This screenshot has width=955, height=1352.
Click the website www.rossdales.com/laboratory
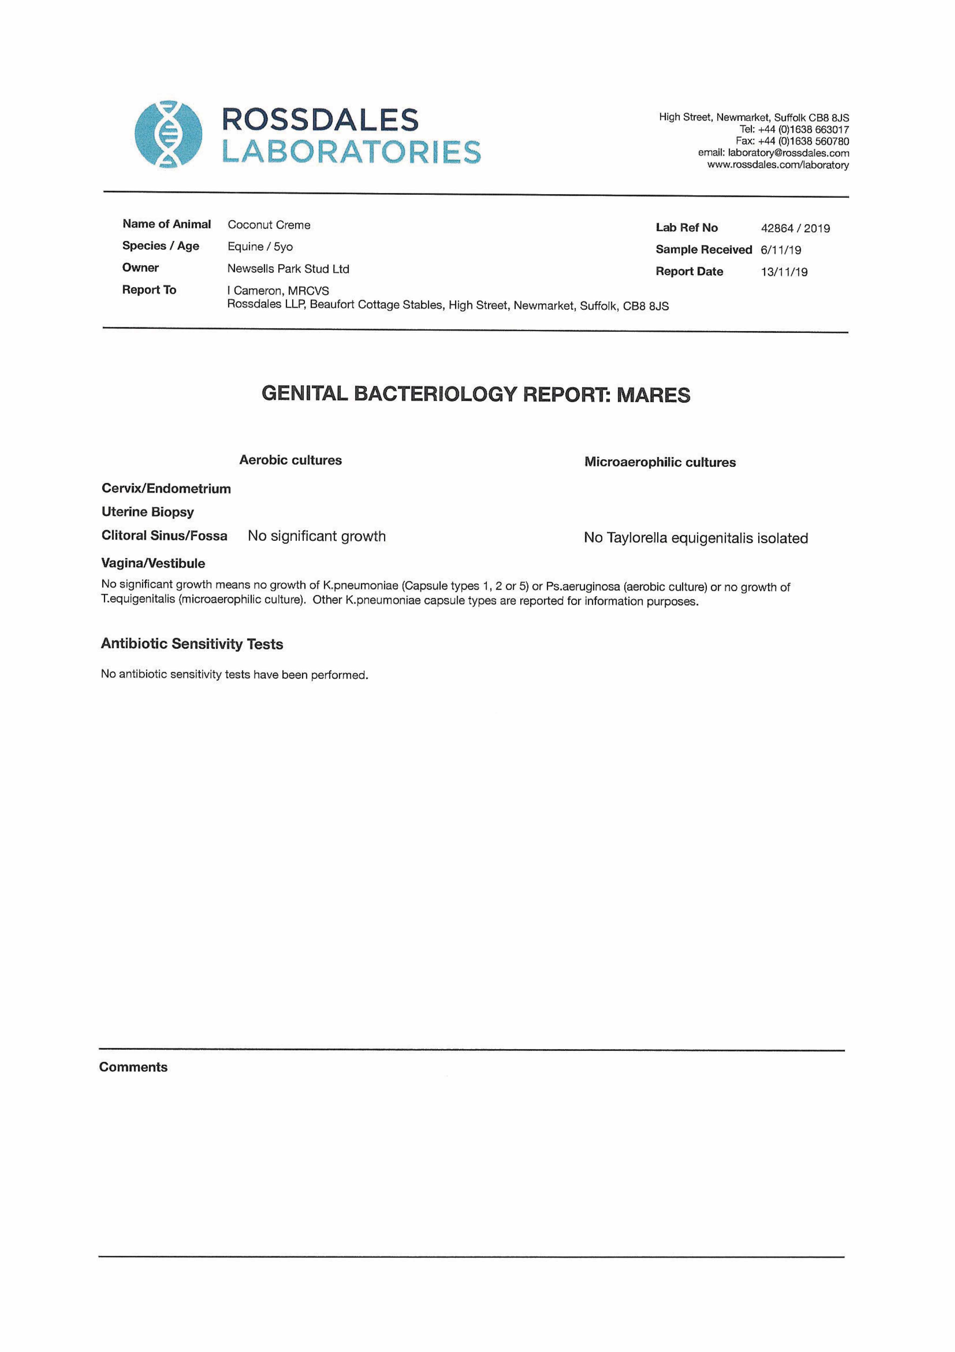pos(778,165)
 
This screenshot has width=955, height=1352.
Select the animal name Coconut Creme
pos(269,225)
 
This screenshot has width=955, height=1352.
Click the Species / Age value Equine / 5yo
pos(260,247)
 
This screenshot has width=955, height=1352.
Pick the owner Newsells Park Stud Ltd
pos(288,269)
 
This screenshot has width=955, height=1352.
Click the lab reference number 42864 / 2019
pos(796,228)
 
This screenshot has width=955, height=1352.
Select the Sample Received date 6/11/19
pos(781,250)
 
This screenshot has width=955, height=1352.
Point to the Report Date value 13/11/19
pos(784,272)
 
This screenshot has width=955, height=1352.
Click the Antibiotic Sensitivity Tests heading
pos(192,644)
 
